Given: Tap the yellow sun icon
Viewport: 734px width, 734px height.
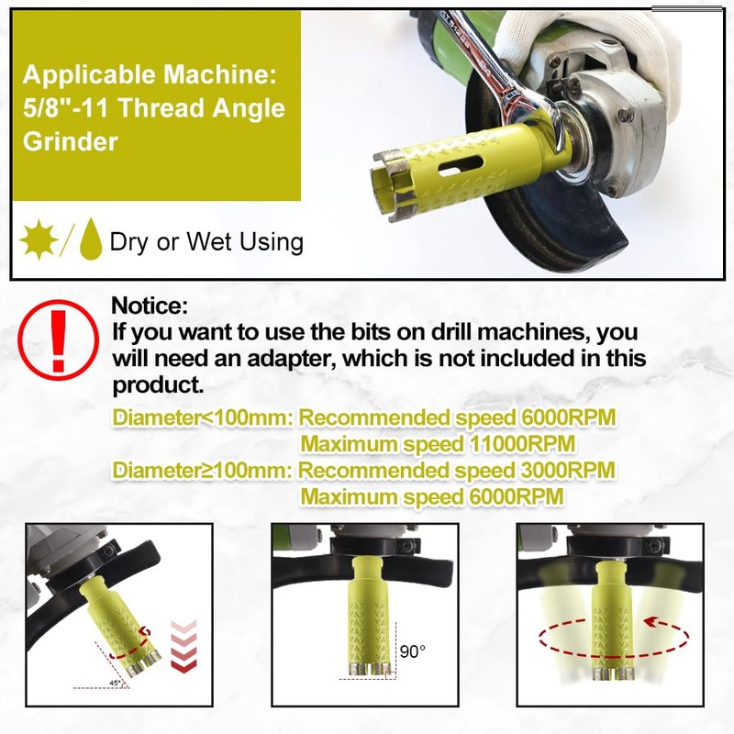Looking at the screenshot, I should pos(39,239).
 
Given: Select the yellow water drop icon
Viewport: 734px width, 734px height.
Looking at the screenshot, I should pos(89,240).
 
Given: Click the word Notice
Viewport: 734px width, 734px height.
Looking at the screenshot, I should pos(150,306).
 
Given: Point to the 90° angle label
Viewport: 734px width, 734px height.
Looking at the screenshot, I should pos(412,651).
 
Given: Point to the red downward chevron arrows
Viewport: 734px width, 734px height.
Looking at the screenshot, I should pos(184,648).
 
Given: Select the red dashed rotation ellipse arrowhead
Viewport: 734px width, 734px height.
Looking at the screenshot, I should pos(654,620).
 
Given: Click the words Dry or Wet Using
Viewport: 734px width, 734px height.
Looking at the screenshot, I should pos(206,242).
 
